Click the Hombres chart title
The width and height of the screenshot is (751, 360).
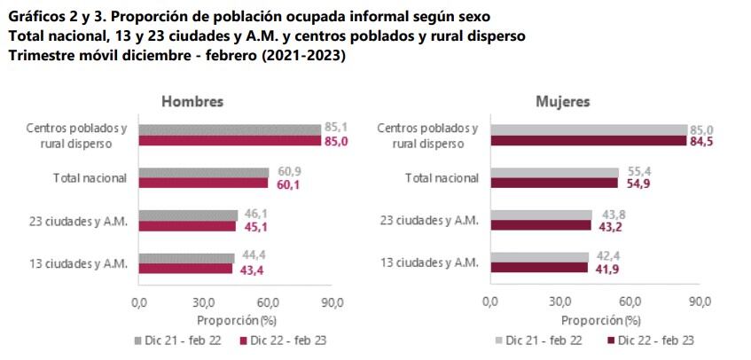point(192,101)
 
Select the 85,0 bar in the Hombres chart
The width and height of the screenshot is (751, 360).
point(229,141)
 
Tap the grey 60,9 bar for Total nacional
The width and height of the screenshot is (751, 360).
point(203,172)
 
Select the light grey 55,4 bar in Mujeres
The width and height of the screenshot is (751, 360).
point(553,172)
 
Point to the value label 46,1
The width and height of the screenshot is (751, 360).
point(252,214)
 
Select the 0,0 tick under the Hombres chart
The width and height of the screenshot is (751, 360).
point(138,303)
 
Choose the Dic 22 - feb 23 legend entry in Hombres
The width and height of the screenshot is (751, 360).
point(285,340)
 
